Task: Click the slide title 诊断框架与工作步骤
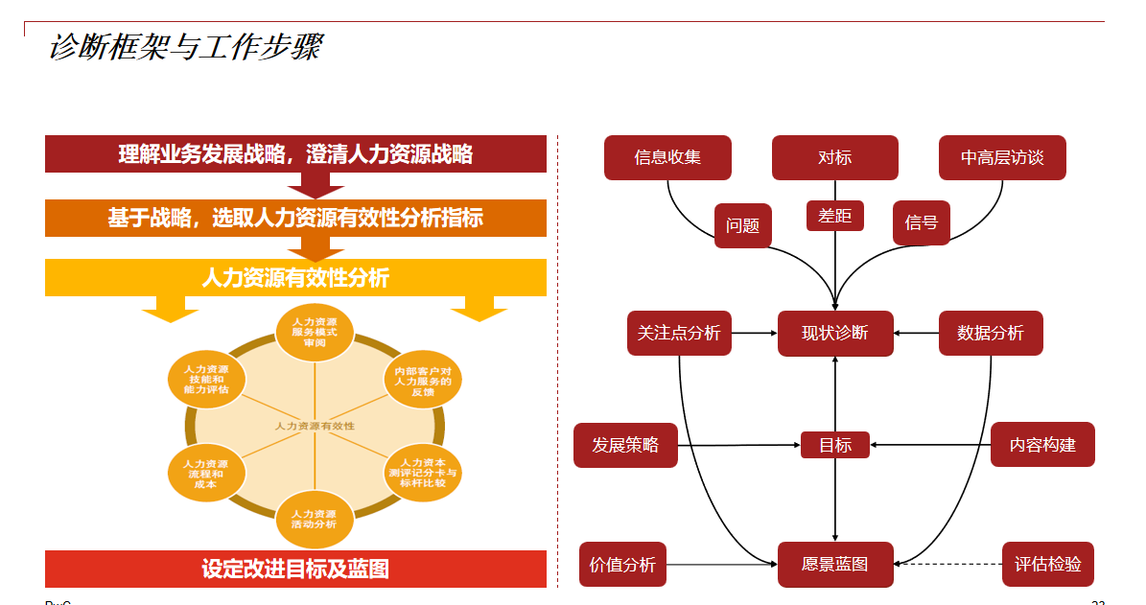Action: click(x=185, y=47)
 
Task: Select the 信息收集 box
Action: click(x=667, y=157)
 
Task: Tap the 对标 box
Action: click(x=834, y=157)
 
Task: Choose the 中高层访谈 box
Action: click(x=1002, y=157)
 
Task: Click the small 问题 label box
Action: click(x=742, y=225)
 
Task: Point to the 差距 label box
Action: click(x=834, y=216)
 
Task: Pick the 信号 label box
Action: click(x=921, y=222)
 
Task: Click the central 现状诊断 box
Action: click(x=835, y=333)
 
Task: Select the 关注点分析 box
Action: click(x=679, y=333)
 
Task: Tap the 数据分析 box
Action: click(x=991, y=333)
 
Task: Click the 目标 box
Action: click(x=834, y=445)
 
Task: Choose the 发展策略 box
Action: click(x=625, y=445)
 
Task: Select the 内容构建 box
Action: click(x=1042, y=445)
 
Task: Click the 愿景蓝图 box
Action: click(x=835, y=564)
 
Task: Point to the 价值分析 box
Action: click(x=622, y=564)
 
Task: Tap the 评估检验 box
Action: click(x=1047, y=564)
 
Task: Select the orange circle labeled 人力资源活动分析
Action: click(x=315, y=519)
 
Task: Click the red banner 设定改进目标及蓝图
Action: click(x=295, y=569)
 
